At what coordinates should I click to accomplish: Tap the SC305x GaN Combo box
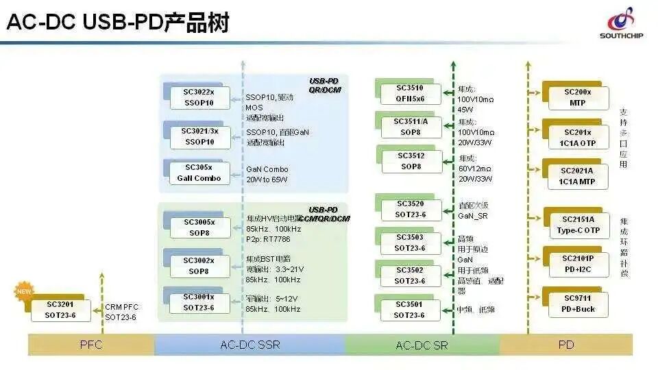[x=199, y=173]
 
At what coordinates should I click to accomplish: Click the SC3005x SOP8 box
[x=199, y=227]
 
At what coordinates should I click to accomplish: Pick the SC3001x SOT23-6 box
[x=199, y=302]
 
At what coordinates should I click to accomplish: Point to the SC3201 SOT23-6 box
[x=60, y=310]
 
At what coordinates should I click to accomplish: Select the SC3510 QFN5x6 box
[x=410, y=93]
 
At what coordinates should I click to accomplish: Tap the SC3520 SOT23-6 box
[x=410, y=209]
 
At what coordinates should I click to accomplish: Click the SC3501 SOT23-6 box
[x=410, y=310]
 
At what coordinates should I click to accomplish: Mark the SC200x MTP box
[x=577, y=97]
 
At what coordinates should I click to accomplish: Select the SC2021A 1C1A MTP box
[x=577, y=175]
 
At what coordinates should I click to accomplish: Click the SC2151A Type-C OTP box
[x=577, y=225]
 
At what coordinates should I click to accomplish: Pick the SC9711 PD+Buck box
[x=577, y=304]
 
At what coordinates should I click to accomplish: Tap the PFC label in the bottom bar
[x=90, y=345]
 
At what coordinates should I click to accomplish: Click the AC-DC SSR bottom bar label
[x=250, y=345]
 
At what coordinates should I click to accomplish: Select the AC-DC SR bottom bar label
[x=422, y=345]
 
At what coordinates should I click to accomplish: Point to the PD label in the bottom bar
[x=565, y=345]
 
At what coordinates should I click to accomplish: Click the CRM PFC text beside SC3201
[x=121, y=308]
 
